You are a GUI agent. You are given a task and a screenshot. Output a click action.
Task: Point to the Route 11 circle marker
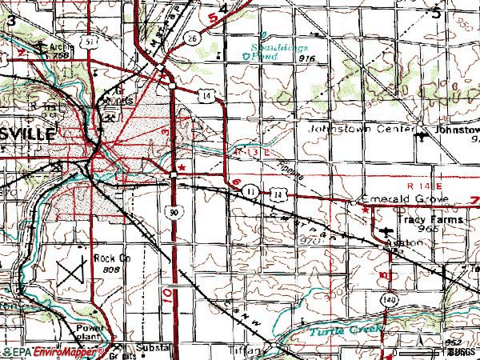251,191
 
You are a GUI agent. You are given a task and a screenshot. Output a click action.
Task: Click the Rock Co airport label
111,258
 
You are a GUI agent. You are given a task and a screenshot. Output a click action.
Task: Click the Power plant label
90,333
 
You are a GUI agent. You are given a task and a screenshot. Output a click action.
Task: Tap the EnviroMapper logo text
54,351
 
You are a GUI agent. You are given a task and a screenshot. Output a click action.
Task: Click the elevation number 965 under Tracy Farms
435,229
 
